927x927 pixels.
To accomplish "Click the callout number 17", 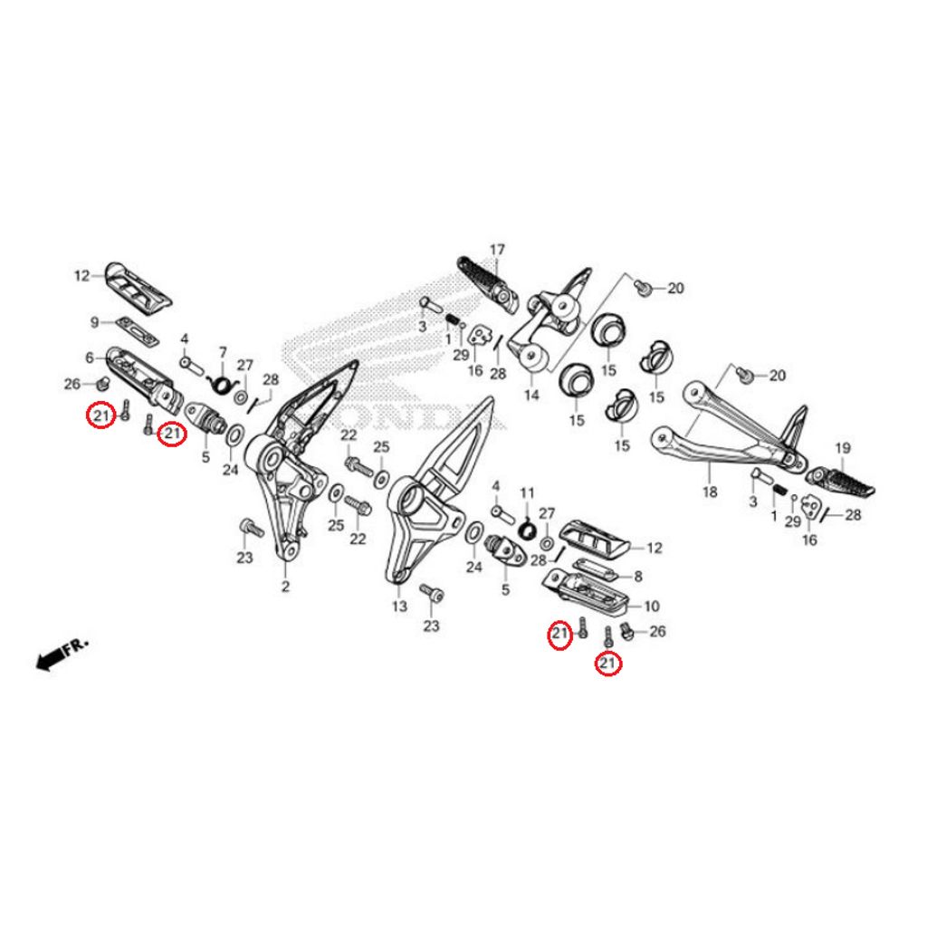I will pos(497,250).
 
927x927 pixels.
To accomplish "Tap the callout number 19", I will pos(842,448).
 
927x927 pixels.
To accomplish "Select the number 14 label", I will pos(530,395).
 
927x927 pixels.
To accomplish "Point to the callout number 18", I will pos(709,492).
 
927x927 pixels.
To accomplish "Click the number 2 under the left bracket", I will pos(285,588).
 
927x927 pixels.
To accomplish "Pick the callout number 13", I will pos(399,607).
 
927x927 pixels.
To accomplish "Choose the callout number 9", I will pos(94,321).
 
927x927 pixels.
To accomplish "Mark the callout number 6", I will pos(90,357).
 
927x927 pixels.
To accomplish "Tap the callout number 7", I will pos(222,351).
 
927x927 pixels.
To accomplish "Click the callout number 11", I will pos(527,492).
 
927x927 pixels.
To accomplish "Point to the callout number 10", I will pos(652,606).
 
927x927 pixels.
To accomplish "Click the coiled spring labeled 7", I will pos(218,384).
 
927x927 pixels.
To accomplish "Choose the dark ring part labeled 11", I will pos(527,526).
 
